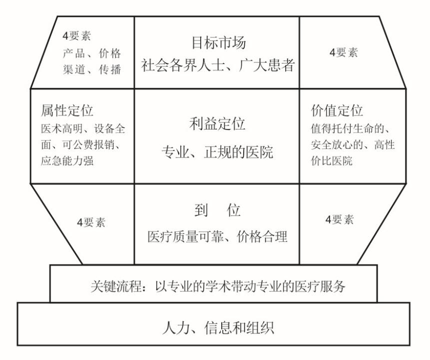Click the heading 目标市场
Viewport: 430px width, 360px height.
pyautogui.click(x=219, y=43)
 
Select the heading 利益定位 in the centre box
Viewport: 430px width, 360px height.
pyautogui.click(x=217, y=123)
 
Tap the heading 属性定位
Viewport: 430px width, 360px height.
pyautogui.click(x=67, y=110)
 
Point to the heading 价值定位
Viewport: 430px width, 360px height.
pyautogui.click(x=337, y=110)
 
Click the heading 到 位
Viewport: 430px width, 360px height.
pyautogui.click(x=217, y=210)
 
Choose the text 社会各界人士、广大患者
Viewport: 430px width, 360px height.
pyautogui.click(x=218, y=65)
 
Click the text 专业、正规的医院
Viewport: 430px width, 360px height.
pyautogui.click(x=217, y=152)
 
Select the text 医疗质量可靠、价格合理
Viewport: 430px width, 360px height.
pyautogui.click(x=217, y=236)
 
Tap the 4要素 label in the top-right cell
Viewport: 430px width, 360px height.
pyautogui.click(x=344, y=52)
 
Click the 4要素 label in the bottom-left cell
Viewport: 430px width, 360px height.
pyautogui.click(x=91, y=222)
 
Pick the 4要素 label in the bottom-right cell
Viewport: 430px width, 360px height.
pyautogui.click(x=340, y=219)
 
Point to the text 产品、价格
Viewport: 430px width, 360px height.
pyautogui.click(x=92, y=53)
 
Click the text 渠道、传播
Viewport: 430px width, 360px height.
pyautogui.click(x=92, y=69)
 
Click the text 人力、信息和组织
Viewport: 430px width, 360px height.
pyautogui.click(x=218, y=327)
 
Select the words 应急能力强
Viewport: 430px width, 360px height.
pyautogui.click(x=67, y=160)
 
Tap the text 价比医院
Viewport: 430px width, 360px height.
pyautogui.click(x=332, y=160)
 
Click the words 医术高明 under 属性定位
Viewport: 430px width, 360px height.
pyautogui.click(x=62, y=128)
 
